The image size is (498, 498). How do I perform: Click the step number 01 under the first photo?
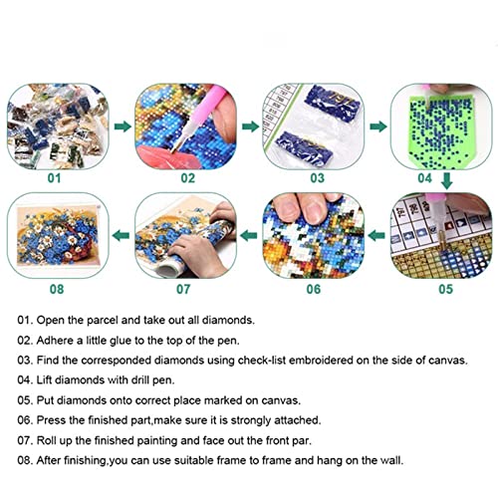point(54,178)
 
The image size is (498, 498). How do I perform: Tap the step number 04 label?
point(424,178)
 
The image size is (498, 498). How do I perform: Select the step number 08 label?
point(57,289)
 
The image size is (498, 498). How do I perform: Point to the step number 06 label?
point(314,289)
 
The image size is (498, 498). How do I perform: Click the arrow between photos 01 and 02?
point(123,126)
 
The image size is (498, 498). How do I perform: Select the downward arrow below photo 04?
point(447,181)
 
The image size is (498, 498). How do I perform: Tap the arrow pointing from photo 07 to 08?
point(121,236)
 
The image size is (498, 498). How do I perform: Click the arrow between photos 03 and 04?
point(378,126)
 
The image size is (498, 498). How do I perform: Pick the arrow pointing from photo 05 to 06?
point(376,236)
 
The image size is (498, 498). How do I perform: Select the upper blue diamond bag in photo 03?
point(333,103)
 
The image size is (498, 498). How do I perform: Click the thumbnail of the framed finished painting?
point(58,235)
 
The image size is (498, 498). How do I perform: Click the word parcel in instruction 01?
point(103,321)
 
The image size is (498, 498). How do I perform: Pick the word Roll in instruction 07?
point(47,440)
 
